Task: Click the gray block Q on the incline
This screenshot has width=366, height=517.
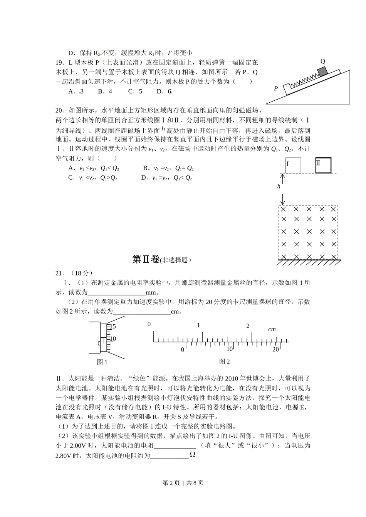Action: click(322, 71)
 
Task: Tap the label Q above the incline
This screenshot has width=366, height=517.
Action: click(323, 62)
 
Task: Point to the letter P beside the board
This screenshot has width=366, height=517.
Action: click(276, 88)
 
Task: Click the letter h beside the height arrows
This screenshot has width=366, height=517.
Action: click(279, 186)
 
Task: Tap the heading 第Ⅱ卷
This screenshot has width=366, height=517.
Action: click(146, 260)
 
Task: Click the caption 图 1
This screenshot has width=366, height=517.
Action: click(102, 362)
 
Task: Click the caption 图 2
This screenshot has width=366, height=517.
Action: click(224, 362)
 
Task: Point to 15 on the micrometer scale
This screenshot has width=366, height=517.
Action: click(112, 327)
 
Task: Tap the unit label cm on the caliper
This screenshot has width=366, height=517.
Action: click(272, 329)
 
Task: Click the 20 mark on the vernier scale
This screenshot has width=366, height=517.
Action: click(275, 349)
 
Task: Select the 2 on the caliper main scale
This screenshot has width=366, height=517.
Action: click(248, 326)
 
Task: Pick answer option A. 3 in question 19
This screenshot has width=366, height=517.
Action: click(76, 91)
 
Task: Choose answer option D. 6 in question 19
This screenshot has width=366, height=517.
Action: click(164, 91)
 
